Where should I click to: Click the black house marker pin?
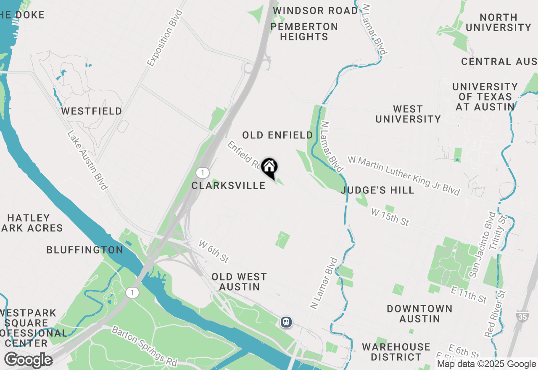point(269,167)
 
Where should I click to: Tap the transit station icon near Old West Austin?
point(286,322)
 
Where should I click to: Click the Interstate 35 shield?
point(522,317)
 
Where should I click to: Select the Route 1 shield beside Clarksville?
point(203,172)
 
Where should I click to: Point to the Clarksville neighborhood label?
point(228,185)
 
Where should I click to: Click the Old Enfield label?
point(277,135)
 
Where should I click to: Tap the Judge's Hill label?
point(377,190)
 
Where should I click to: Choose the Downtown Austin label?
point(419,314)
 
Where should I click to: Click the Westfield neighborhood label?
point(92,111)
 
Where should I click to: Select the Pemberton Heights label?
point(304,32)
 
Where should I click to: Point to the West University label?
point(408,114)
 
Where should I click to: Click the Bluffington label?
point(85,250)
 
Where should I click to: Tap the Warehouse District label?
point(396,352)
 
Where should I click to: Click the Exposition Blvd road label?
point(165,38)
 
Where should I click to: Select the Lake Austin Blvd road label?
point(87,160)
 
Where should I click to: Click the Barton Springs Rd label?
point(144,346)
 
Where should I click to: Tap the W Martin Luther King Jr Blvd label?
point(404,175)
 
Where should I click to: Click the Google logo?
point(28,360)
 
